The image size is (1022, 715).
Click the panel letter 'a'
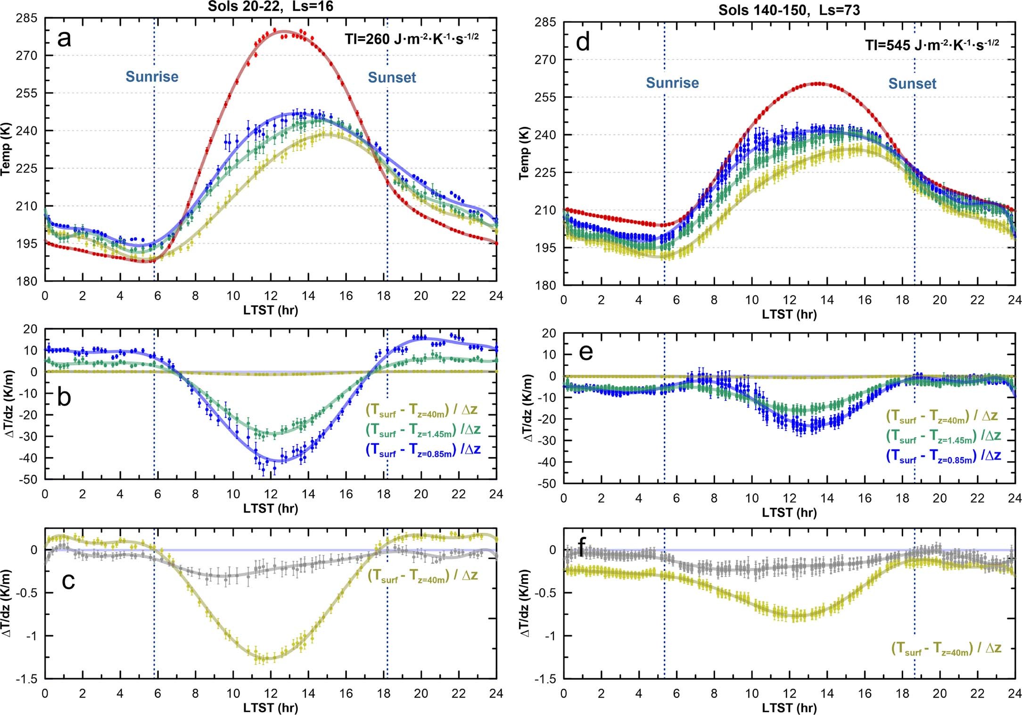tap(64, 39)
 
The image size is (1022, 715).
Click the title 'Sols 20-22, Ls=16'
tap(271, 6)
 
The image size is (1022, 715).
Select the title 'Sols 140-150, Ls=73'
tap(789, 10)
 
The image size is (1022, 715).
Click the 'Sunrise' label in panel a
tap(152, 77)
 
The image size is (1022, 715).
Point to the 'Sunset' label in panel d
tap(912, 84)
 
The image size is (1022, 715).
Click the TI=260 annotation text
tap(411, 39)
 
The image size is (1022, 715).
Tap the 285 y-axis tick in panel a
tap(26, 18)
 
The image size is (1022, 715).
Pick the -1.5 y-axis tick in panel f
tap(546, 679)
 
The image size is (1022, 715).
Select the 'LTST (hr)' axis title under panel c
tap(271, 707)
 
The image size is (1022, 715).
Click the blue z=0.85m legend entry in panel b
tap(423, 450)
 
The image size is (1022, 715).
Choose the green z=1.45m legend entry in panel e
tap(943, 436)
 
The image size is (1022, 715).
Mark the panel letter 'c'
tap(68, 581)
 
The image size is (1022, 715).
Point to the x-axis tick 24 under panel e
tap(1014, 499)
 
